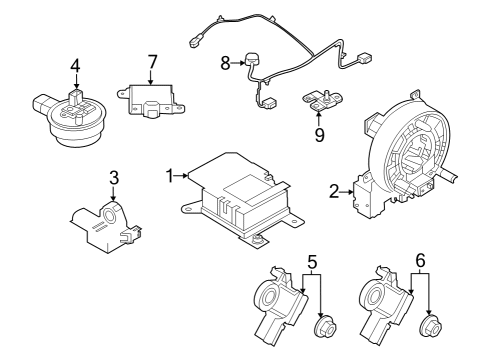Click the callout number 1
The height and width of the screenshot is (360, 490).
tap(171, 176)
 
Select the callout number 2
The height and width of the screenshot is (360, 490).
tap(334, 189)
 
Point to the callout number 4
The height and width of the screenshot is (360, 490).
tap(74, 68)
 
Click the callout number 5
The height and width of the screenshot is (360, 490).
tap(312, 264)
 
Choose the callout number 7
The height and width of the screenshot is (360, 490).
tap(152, 62)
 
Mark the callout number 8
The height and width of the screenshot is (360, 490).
tap(225, 62)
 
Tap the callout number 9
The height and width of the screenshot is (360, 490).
tap(319, 133)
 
